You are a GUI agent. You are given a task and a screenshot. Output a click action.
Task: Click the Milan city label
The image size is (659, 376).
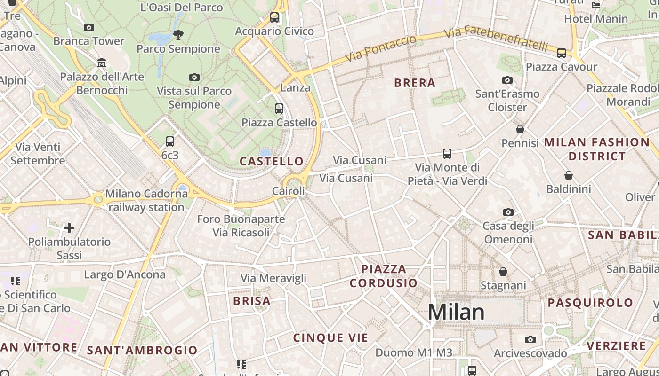[x=456, y=312]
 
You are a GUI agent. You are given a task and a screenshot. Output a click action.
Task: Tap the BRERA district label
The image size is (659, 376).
[x=415, y=83]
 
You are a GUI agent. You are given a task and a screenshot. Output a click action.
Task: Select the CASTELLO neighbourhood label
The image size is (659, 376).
[x=272, y=162]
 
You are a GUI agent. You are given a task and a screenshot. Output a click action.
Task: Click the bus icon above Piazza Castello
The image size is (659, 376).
[x=279, y=109]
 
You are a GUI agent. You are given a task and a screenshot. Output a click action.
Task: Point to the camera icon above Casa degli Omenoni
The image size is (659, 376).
[x=508, y=212]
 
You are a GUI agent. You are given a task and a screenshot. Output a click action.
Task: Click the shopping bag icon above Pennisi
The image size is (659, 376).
[x=520, y=129]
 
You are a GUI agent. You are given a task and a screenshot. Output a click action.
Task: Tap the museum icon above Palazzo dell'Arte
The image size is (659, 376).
[x=102, y=63]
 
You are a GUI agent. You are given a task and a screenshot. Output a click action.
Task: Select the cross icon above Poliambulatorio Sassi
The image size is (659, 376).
[x=69, y=228]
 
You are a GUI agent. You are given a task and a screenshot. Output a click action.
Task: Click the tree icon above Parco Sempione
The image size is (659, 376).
[x=178, y=34]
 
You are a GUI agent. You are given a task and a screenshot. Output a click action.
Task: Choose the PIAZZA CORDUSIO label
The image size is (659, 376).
[x=383, y=276]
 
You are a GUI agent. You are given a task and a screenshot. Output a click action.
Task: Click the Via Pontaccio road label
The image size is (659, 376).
[x=381, y=48]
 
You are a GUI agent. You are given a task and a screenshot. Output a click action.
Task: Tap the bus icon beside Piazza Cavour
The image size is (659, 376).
[x=561, y=53]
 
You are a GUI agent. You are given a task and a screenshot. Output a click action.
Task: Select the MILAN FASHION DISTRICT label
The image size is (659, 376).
[x=597, y=149]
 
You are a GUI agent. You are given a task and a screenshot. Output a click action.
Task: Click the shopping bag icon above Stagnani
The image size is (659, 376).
[x=503, y=272]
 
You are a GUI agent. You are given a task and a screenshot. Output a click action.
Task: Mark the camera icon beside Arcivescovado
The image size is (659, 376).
[x=530, y=339]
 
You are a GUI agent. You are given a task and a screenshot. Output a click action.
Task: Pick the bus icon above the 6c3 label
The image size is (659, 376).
[x=170, y=141]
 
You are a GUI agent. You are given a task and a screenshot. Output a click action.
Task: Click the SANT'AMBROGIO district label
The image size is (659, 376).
[x=142, y=350]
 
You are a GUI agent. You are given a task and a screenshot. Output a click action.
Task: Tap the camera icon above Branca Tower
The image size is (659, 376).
[x=88, y=28]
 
